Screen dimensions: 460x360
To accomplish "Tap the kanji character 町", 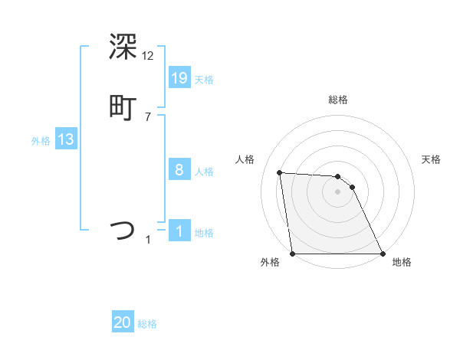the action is (x=123, y=108).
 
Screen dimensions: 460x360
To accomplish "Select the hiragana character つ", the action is (x=123, y=229).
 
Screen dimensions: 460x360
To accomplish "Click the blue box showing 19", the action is (x=179, y=77).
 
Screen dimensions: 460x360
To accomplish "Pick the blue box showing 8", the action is (x=179, y=169).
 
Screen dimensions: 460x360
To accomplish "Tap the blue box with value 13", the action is (x=65, y=139).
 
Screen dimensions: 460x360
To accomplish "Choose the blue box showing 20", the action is (x=123, y=322).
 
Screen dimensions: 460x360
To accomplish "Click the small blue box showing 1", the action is (x=179, y=231).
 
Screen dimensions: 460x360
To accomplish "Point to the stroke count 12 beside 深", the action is (x=149, y=56).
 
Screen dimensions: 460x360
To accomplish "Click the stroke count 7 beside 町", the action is (x=148, y=117).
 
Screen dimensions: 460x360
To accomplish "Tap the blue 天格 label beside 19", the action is (x=204, y=80).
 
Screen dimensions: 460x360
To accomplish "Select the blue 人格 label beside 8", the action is (x=204, y=172).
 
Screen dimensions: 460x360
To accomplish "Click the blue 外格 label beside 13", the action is (x=41, y=141).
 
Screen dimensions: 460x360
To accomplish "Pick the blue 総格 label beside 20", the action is (x=147, y=325).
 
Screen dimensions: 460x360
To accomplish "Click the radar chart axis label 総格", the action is (x=338, y=100).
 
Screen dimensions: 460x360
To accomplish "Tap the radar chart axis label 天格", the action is (x=432, y=159).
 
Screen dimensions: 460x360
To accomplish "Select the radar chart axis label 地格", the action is (x=402, y=262).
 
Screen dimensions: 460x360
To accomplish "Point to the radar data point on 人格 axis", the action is (x=280, y=172).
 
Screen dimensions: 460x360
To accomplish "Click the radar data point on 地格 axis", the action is (x=382, y=253).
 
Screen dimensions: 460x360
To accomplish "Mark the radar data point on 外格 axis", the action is (x=293, y=253).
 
